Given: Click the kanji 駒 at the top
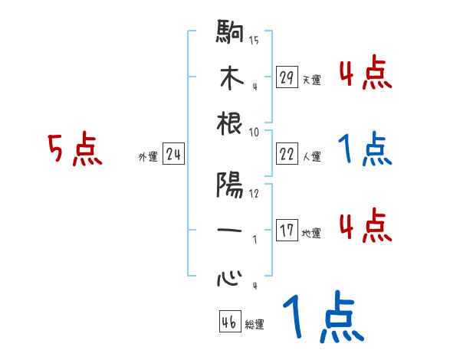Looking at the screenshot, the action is point(230,34).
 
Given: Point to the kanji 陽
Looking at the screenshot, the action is point(230,186).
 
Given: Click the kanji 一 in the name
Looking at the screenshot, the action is point(230,231).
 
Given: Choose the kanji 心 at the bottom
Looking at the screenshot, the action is point(230,277).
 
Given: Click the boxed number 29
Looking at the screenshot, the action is point(287,77).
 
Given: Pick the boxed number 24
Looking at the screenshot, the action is point(173,155).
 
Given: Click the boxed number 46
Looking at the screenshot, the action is point(228,322).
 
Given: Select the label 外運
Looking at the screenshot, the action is point(147,157).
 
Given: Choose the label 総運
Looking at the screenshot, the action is point(255,325).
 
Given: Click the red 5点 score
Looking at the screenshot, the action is point(74,149).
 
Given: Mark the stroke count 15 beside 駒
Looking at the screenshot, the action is point(254,40).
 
